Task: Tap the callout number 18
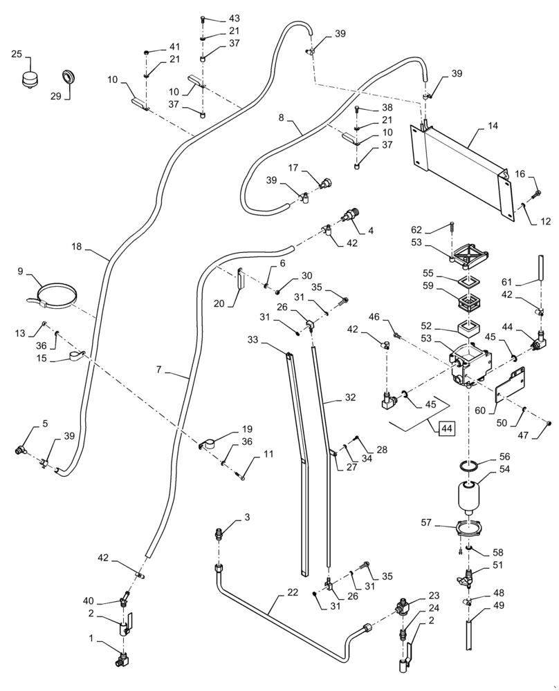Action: (77, 246)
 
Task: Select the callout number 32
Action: (349, 399)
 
